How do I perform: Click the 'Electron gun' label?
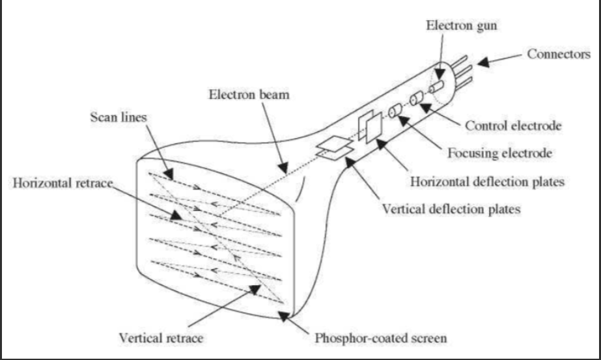click(x=455, y=25)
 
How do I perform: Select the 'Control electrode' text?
click(x=512, y=126)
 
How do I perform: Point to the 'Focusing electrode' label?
click(x=500, y=154)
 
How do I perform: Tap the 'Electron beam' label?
click(x=249, y=94)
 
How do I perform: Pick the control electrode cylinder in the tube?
click(x=416, y=100)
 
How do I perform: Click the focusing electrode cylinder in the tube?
click(x=395, y=112)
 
